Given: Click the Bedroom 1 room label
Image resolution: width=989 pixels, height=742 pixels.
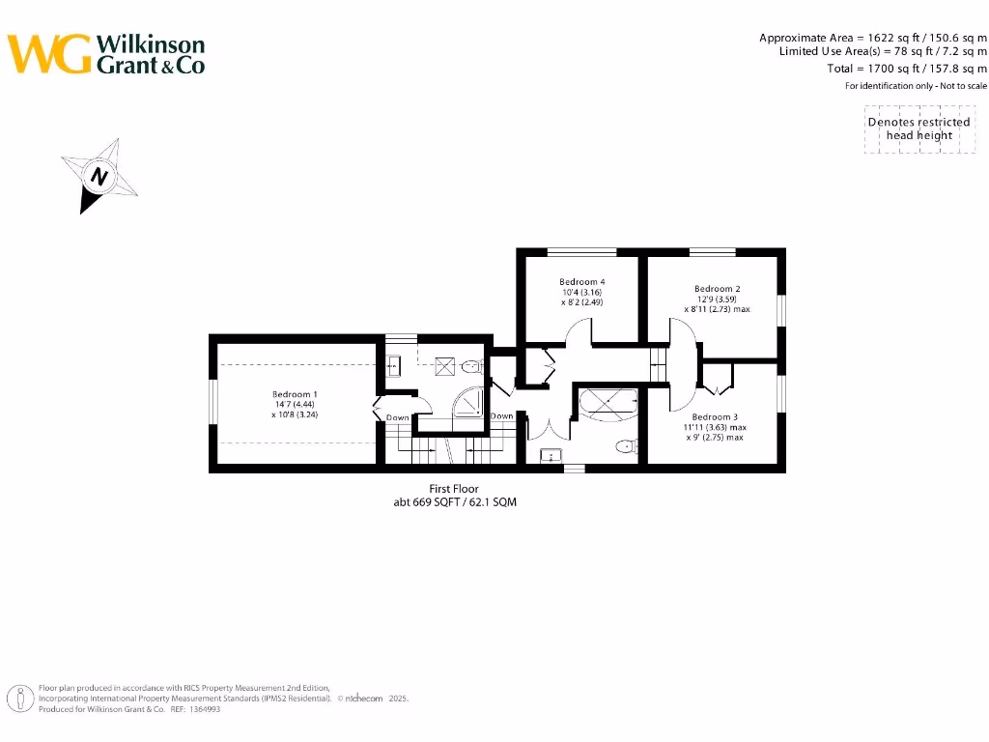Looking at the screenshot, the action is click(x=295, y=394).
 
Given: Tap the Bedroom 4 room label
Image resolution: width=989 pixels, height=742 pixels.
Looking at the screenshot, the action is click(x=581, y=282).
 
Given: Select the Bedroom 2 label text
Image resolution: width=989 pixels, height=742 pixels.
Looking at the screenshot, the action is click(x=717, y=288).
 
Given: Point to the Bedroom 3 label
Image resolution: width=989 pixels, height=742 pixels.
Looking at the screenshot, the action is click(x=715, y=416).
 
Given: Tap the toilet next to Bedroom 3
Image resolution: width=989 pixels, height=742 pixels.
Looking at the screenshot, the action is click(x=628, y=445).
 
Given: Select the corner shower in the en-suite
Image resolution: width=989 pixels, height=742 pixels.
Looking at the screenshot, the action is click(x=469, y=402).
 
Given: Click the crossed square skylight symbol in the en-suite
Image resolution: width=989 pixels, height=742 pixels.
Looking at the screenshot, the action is click(x=446, y=365).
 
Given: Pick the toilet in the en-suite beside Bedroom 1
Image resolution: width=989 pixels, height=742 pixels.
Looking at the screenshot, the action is click(x=472, y=366).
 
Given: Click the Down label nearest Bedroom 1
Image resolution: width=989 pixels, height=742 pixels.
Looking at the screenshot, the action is click(x=398, y=417).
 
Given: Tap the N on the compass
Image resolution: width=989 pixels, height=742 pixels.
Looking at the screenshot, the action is click(x=99, y=177).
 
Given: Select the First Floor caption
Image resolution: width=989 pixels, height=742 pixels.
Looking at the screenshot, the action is click(x=454, y=489).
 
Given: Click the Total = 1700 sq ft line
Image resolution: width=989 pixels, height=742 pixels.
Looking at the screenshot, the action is click(x=907, y=69).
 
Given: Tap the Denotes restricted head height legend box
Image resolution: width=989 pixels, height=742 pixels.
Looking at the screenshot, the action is click(x=918, y=128).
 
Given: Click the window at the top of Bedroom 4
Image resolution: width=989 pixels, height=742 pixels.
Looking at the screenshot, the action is click(x=581, y=252).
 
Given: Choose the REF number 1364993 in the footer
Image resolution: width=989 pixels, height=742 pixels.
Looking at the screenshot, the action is click(x=202, y=709).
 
